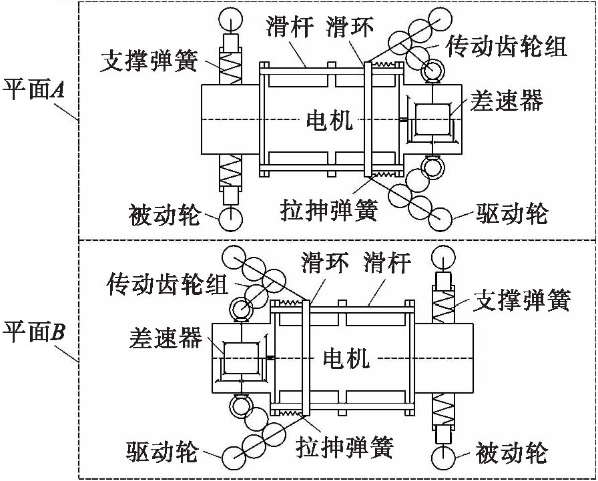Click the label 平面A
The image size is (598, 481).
click(34, 89)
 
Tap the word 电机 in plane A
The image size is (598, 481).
click(329, 121)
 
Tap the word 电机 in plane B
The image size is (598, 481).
click(346, 360)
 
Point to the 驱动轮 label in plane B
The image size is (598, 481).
click(162, 453)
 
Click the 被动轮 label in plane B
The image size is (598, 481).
click(512, 454)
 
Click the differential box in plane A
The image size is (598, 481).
click(432, 120)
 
